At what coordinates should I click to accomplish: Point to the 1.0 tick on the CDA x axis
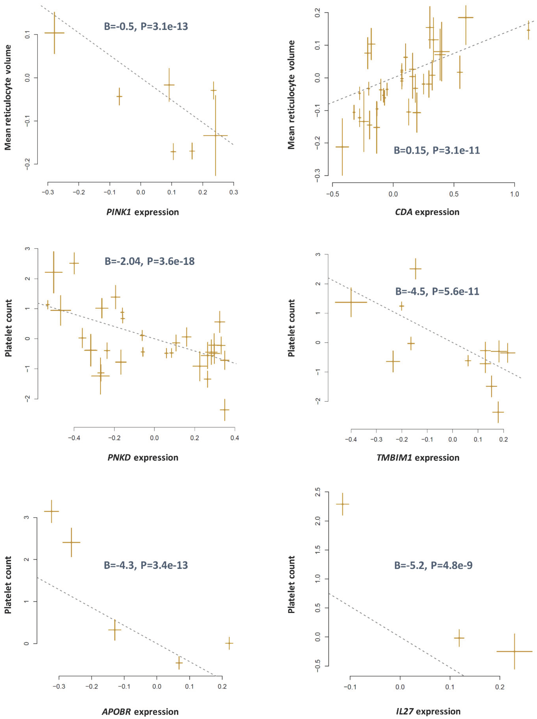[x=514, y=194]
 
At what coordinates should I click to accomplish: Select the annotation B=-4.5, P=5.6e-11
[x=437, y=291]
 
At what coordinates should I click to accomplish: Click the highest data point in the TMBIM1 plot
[x=415, y=269]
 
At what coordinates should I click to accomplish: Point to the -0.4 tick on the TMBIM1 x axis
[x=351, y=439]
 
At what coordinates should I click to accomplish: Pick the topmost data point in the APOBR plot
[x=51, y=511]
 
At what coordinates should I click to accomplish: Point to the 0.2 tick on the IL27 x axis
[x=500, y=687]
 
